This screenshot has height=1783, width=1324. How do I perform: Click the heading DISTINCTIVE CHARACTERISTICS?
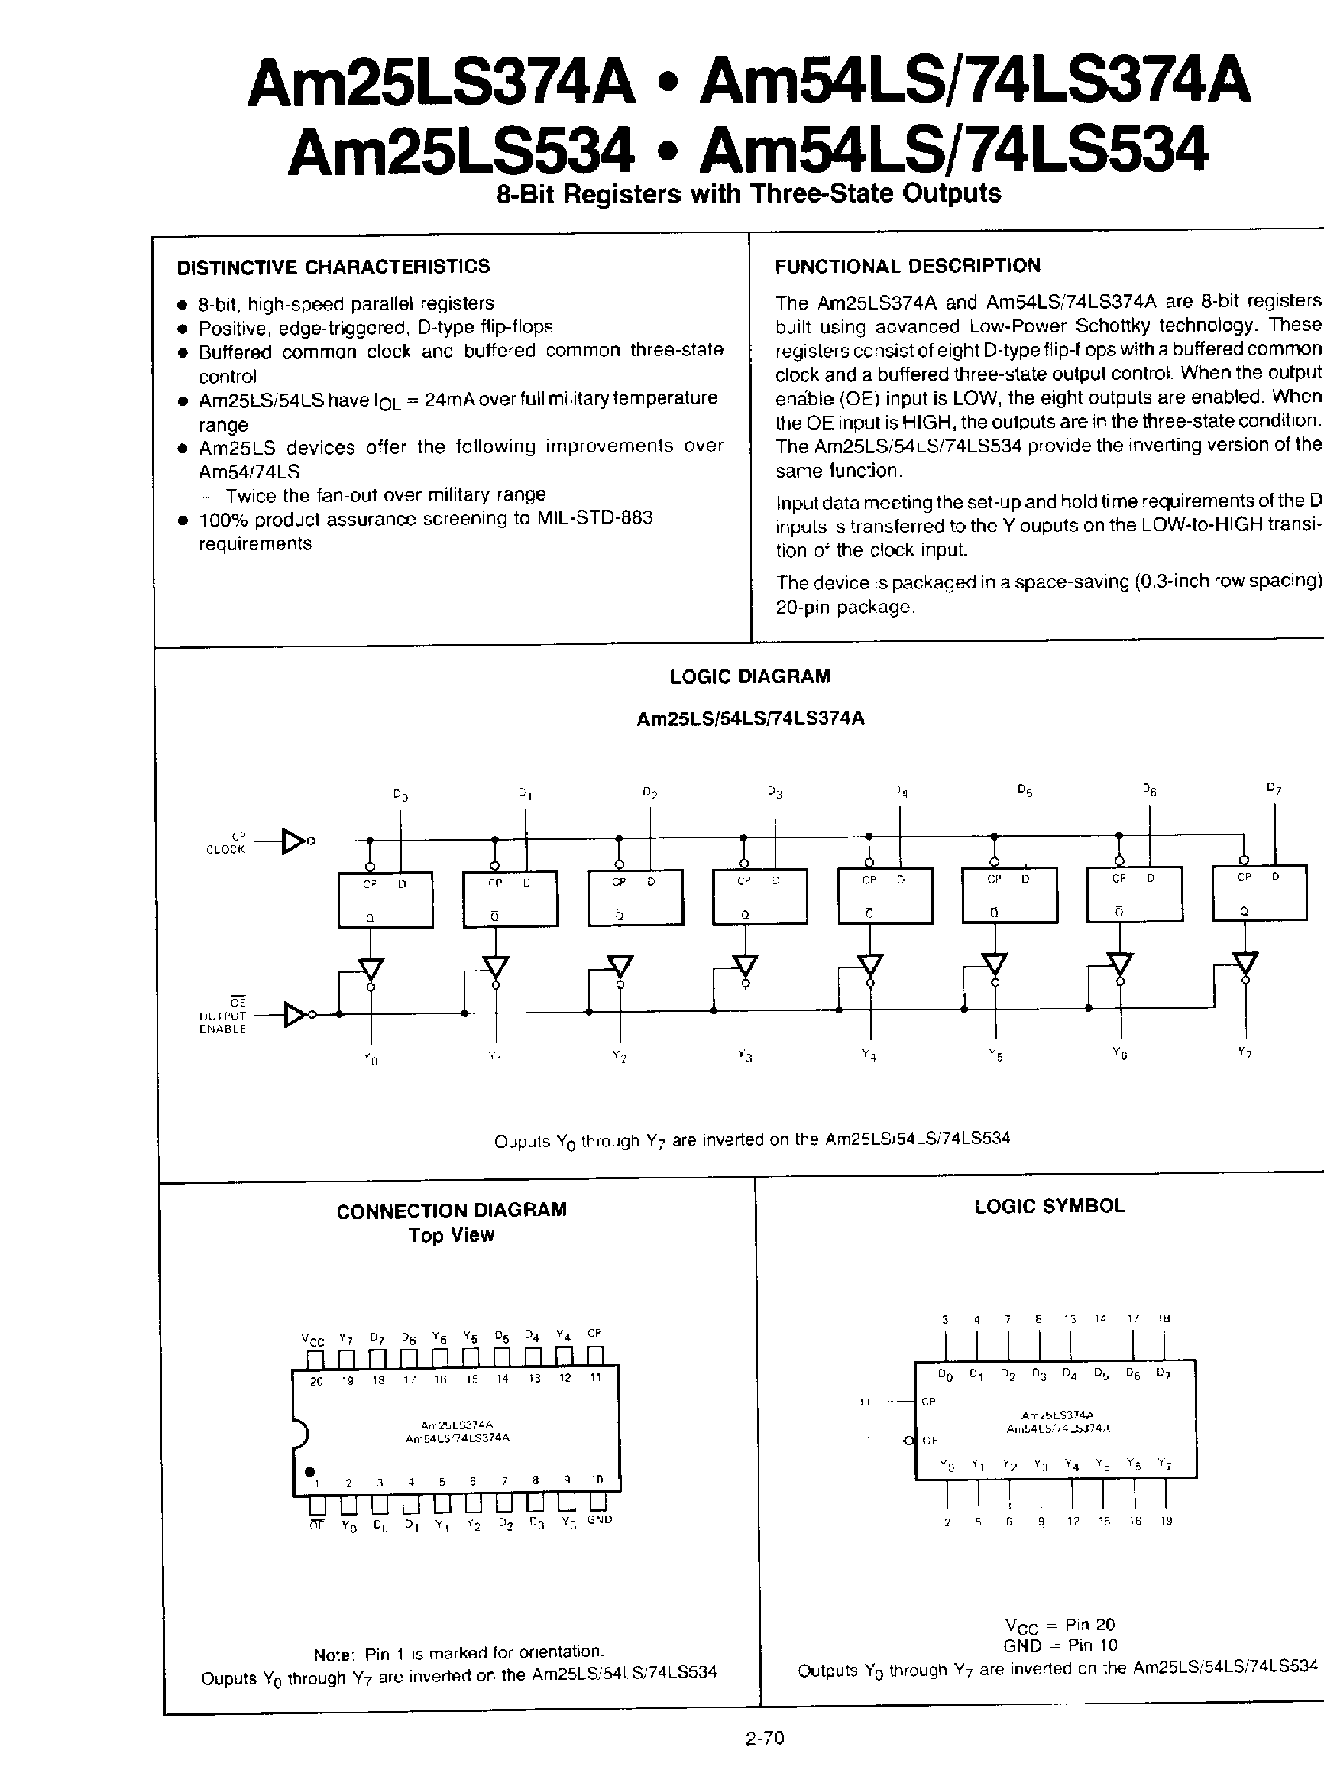click(x=332, y=267)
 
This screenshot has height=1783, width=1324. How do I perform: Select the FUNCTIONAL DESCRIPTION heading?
click(x=908, y=266)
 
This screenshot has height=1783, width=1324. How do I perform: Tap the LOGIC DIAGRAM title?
click(x=749, y=676)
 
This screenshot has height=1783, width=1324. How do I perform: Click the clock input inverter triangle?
click(x=293, y=841)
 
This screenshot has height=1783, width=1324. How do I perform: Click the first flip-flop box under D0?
click(x=385, y=899)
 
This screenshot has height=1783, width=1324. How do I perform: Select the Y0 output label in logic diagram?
click(x=370, y=1058)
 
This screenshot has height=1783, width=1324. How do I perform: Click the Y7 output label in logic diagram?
click(x=1244, y=1052)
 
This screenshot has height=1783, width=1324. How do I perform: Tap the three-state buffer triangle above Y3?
click(x=746, y=965)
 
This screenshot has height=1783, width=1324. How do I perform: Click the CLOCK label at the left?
click(x=225, y=850)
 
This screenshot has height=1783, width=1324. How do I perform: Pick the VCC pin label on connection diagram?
click(x=312, y=1339)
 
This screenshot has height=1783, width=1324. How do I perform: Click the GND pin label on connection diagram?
click(x=599, y=1519)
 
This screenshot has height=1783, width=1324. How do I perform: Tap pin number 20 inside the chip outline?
click(x=316, y=1380)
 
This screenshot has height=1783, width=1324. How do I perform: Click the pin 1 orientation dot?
click(x=309, y=1472)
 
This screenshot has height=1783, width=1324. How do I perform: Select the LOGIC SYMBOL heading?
click(x=1049, y=1207)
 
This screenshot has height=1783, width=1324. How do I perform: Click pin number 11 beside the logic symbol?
click(x=864, y=1402)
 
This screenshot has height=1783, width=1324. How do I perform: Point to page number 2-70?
click(x=764, y=1738)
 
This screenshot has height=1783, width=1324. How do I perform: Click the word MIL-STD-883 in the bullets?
click(x=594, y=518)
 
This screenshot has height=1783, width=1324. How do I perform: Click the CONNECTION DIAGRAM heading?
click(x=452, y=1211)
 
